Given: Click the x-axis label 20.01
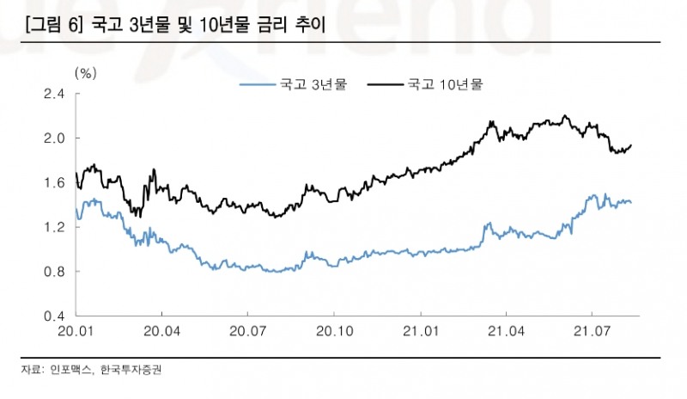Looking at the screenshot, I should click(76, 331).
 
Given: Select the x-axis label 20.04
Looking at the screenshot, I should click(161, 331).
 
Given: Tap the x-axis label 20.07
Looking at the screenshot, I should click(247, 331).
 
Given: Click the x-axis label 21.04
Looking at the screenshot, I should click(505, 331).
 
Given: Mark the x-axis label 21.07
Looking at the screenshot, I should click(592, 331).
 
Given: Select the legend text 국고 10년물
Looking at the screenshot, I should click(446, 84).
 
